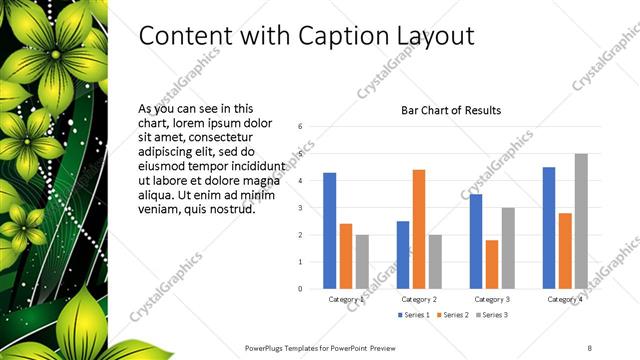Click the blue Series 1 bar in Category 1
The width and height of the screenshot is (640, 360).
tap(329, 230)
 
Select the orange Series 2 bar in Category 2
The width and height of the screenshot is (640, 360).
tap(418, 229)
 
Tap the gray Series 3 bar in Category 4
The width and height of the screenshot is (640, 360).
tap(581, 221)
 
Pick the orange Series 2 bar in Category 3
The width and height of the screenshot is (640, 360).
tap(491, 264)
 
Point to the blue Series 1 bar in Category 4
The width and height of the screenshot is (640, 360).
tap(548, 228)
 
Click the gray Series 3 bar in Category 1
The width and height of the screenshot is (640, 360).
tap(361, 261)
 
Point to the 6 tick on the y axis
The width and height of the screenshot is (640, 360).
tap(300, 127)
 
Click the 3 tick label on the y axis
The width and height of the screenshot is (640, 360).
tap(300, 208)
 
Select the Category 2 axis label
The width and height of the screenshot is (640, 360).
tap(418, 299)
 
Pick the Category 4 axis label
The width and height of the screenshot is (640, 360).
tap(564, 299)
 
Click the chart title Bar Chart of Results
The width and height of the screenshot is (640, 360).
tap(450, 110)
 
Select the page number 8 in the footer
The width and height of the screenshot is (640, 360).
tap(589, 347)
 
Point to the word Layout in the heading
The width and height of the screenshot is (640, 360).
tap(432, 36)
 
